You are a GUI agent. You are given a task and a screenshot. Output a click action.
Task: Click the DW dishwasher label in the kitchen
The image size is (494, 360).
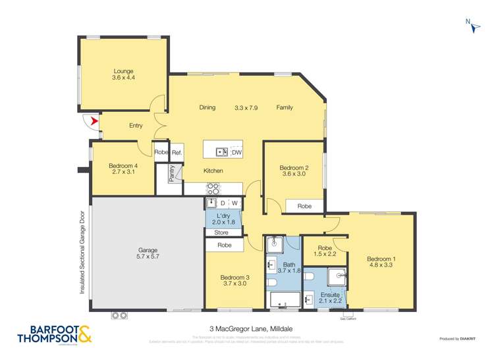click(x=236, y=152)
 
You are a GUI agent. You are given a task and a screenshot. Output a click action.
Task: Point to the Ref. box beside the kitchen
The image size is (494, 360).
click(x=177, y=153)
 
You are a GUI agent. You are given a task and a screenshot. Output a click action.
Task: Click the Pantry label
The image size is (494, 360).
click(x=172, y=173)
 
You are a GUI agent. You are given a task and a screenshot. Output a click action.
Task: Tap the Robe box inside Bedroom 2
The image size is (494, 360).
click(x=304, y=206)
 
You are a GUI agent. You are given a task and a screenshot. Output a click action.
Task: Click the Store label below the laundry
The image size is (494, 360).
click(x=221, y=232)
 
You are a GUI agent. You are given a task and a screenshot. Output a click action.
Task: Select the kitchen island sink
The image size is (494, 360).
click(x=222, y=152)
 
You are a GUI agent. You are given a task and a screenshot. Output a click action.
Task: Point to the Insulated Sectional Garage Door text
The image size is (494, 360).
click(x=82, y=251)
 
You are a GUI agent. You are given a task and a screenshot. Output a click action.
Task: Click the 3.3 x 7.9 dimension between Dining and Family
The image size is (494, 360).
click(x=248, y=107)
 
